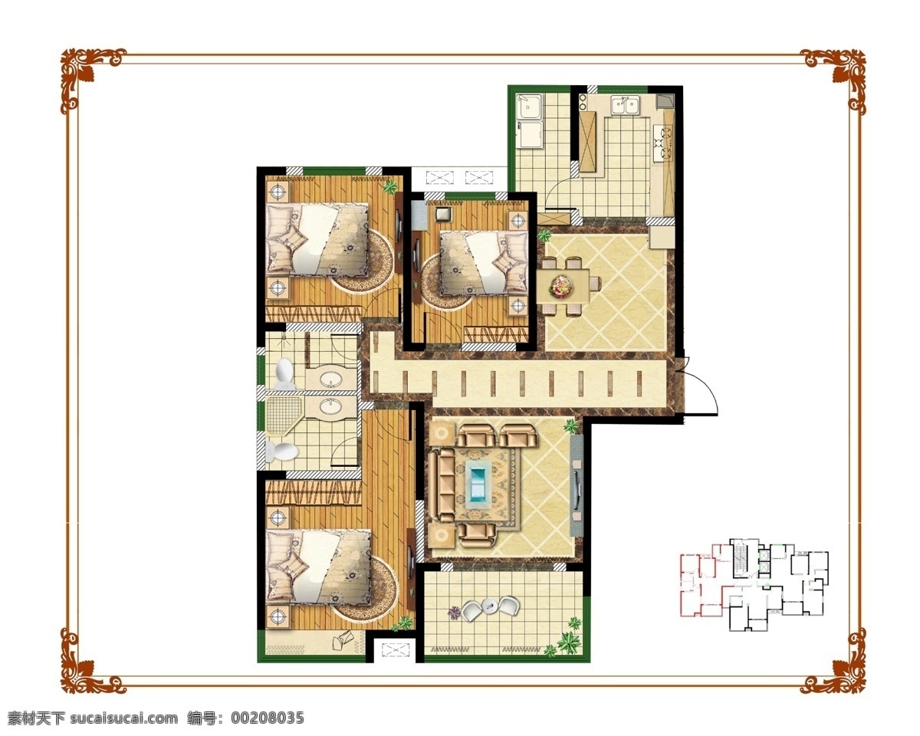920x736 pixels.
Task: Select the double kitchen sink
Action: (625, 106)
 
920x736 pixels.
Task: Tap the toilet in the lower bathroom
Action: (281, 452)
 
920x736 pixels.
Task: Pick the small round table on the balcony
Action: (489, 605)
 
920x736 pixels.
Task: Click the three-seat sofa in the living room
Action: (441, 485)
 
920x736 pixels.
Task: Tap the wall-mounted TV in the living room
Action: (577, 488)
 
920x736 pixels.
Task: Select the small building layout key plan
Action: (754, 586)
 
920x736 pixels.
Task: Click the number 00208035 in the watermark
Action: (268, 718)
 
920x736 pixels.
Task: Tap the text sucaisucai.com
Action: (124, 718)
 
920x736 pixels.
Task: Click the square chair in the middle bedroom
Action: (443, 214)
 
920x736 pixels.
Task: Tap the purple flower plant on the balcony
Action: (454, 613)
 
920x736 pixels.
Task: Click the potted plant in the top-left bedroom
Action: (390, 187)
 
